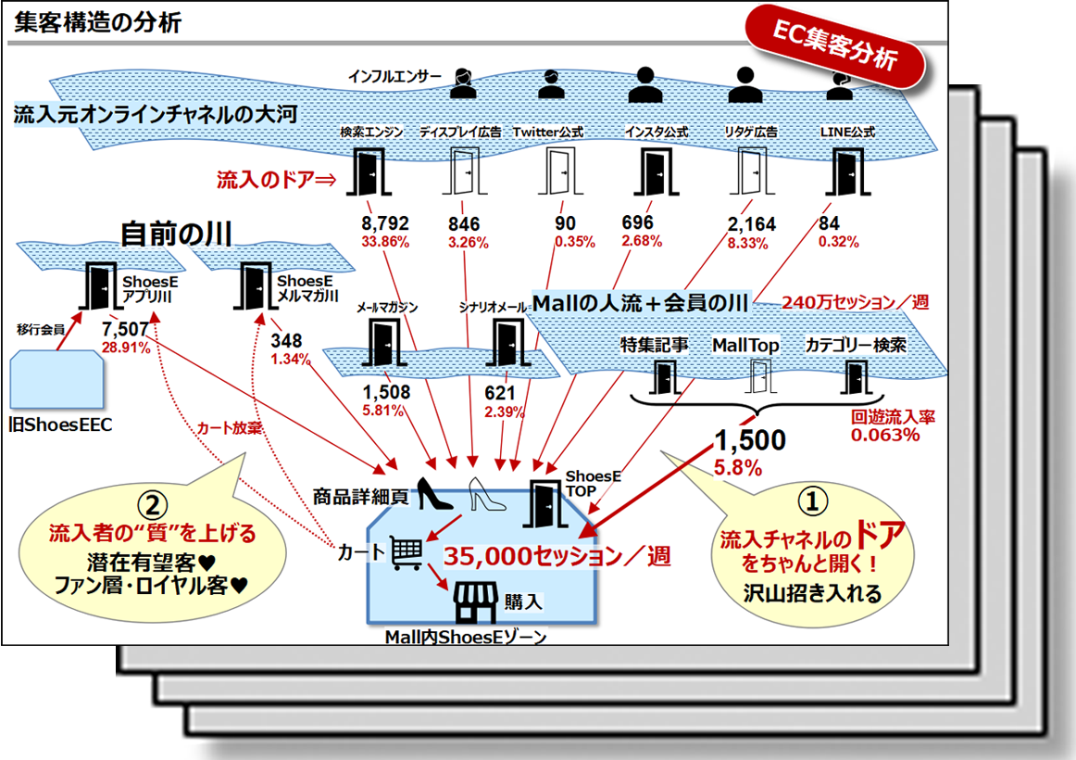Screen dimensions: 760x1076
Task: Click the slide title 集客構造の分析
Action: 97,23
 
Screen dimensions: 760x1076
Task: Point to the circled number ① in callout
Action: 811,501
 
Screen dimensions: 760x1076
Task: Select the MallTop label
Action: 744,346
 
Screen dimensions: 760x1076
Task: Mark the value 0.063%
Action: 885,435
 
